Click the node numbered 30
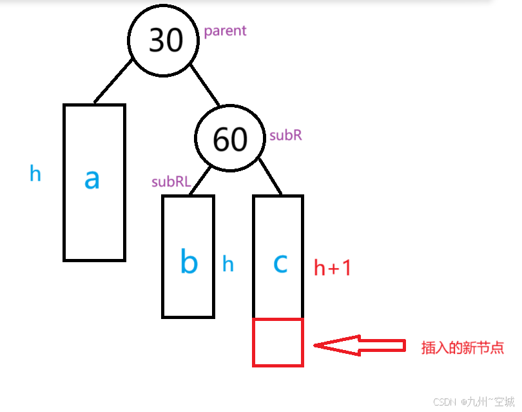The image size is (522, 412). (166, 41)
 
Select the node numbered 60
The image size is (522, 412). (229, 139)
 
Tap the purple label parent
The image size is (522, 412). (225, 31)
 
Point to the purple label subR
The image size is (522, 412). (285, 136)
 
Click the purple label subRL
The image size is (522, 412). (171, 182)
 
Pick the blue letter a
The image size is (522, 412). (92, 179)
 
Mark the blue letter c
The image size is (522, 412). (279, 263)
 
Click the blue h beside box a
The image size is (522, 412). (35, 173)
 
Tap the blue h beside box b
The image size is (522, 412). (228, 263)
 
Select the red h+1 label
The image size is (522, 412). (332, 267)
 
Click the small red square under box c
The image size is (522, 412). (278, 342)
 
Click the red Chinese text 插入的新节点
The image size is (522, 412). (461, 347)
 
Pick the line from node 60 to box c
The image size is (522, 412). (271, 178)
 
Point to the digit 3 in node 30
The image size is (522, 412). (157, 41)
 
